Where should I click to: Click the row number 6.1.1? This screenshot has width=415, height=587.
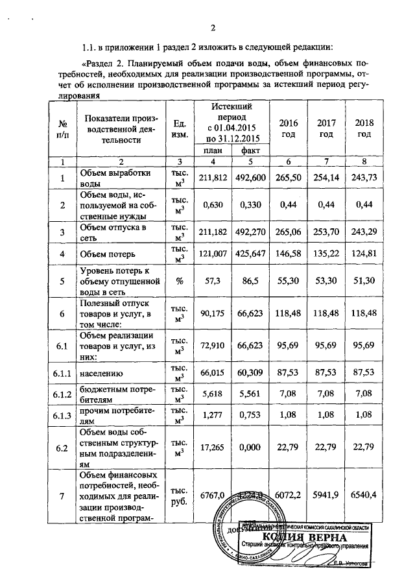pyautogui.click(x=62, y=373)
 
